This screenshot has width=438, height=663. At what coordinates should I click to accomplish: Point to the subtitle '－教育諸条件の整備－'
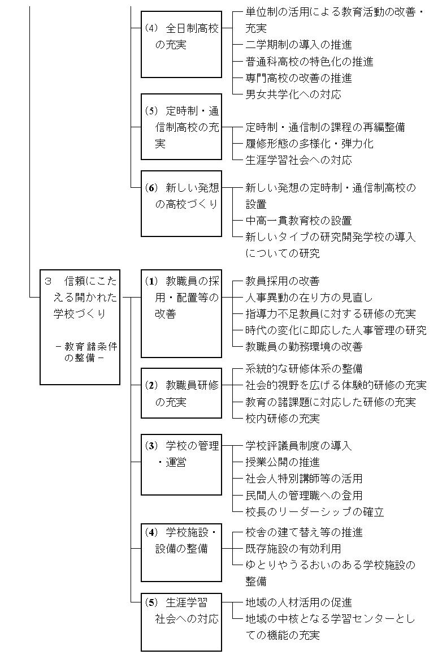pyautogui.click(x=86, y=352)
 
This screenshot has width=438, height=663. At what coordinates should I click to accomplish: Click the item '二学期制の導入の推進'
pyautogui.click(x=298, y=45)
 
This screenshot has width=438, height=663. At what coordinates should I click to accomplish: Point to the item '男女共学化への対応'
pyautogui.click(x=293, y=94)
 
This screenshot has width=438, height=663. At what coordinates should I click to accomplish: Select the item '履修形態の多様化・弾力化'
pyautogui.click(x=309, y=144)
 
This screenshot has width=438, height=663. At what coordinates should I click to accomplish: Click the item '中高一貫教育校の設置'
pyautogui.click(x=298, y=221)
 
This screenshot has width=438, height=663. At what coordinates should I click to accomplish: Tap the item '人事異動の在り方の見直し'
pyautogui.click(x=309, y=298)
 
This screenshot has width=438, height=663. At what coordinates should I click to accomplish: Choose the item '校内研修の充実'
pyautogui.click(x=283, y=419)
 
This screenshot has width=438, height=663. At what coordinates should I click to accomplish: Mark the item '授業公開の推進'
pyautogui.click(x=283, y=462)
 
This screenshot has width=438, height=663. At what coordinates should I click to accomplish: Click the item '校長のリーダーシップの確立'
pyautogui.click(x=315, y=512)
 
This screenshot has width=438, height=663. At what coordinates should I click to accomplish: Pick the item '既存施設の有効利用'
pyautogui.click(x=293, y=549)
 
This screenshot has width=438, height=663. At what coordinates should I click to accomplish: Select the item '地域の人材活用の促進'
pyautogui.click(x=298, y=602)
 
